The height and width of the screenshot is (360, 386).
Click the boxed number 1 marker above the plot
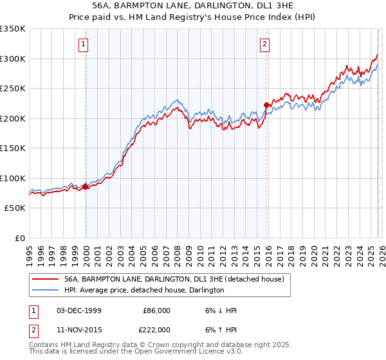pyautogui.click(x=84, y=44)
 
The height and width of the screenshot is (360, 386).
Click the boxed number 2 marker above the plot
pyautogui.click(x=265, y=44)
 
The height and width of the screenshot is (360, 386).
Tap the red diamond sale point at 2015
pyautogui.click(x=266, y=105)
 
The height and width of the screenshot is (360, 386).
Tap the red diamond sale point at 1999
pyautogui.click(x=85, y=186)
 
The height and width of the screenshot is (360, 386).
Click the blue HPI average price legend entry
pyautogui.click(x=144, y=290)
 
